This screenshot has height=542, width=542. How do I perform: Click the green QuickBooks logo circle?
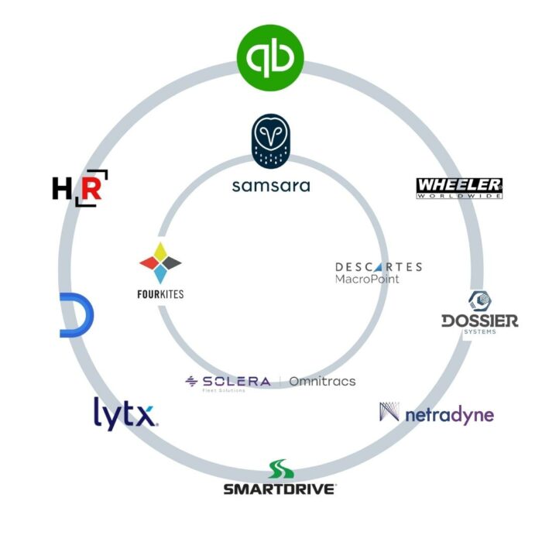270,57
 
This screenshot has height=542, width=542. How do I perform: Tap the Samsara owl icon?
270,142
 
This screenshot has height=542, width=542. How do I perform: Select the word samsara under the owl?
270,186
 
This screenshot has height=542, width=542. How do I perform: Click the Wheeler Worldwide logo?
459,187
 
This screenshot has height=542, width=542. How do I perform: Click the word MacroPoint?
368,279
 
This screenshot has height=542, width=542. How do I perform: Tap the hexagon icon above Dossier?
479,300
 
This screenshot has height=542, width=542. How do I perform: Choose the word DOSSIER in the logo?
479,321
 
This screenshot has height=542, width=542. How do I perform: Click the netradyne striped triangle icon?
390,412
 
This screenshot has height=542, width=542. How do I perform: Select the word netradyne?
449,415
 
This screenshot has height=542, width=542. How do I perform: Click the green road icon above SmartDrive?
280,470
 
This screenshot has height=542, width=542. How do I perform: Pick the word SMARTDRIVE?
280,489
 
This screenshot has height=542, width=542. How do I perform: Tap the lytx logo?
125,413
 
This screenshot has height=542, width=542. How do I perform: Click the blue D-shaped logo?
76,315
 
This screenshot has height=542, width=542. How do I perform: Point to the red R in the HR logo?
90,188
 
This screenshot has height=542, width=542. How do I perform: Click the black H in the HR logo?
61,188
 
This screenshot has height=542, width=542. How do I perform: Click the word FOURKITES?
160,294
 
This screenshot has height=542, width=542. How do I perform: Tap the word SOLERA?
236,381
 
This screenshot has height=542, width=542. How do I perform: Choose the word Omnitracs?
322,381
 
